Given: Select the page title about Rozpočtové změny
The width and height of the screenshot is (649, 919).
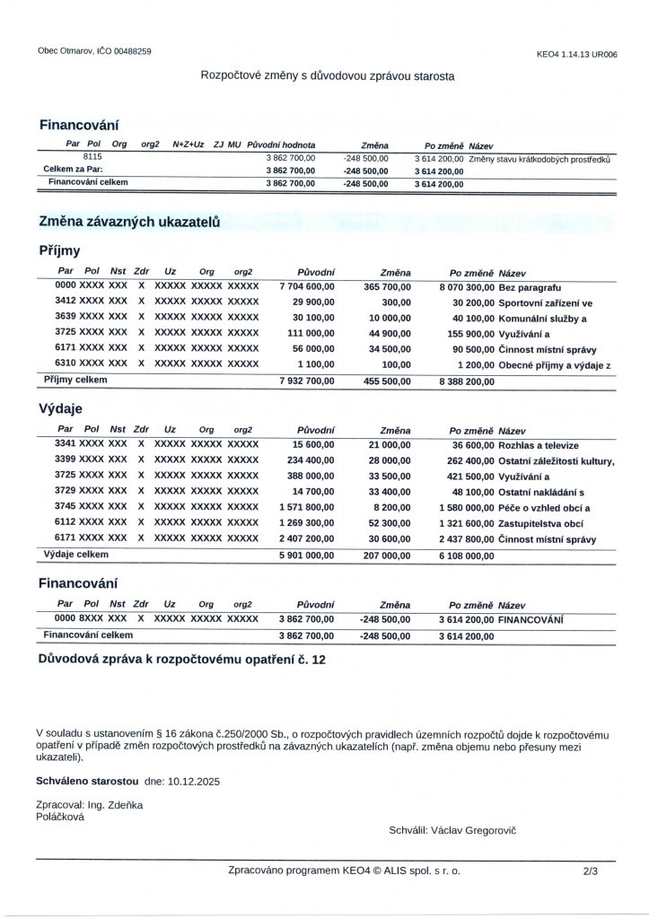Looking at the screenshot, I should coord(327,77).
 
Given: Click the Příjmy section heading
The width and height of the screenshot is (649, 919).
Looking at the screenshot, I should coord(60,251).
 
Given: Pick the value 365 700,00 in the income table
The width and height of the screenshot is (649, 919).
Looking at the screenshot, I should coord(388,285).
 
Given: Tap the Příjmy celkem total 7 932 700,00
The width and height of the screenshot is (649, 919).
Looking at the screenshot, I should coord(307,381).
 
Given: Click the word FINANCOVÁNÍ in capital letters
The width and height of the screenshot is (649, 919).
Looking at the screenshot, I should coord(531,620).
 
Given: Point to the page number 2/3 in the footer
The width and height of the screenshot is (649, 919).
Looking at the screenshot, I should coord(590,870).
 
